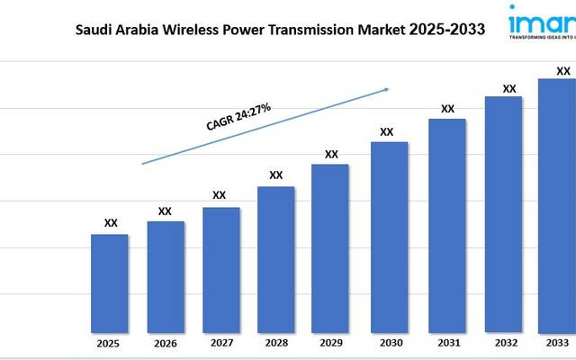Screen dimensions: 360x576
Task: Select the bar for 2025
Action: point(110,283)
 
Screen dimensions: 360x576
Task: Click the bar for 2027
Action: point(220,269)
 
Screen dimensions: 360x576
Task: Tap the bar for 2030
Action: point(389,237)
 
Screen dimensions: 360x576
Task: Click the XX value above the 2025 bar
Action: point(111,223)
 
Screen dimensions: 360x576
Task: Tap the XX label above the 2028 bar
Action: point(276,175)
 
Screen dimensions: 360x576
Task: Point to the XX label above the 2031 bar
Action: point(447,109)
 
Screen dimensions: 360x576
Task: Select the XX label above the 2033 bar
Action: point(562,70)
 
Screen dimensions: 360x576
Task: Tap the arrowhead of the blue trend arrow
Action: point(385,89)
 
